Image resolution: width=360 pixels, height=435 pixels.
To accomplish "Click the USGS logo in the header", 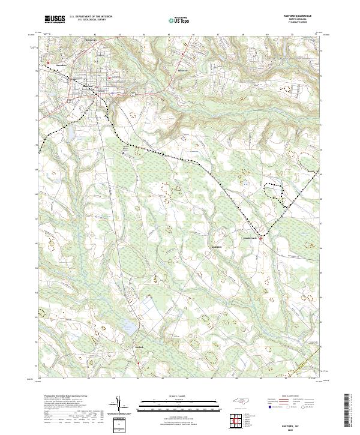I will click(55, 20).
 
